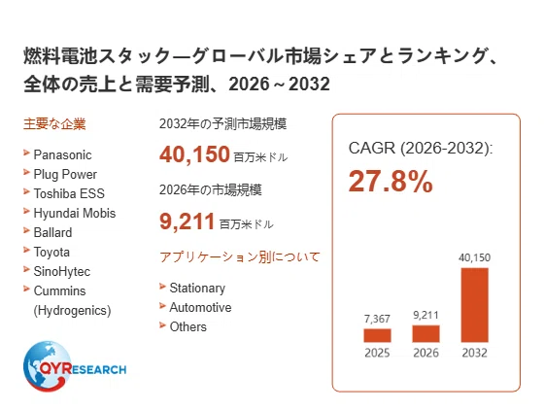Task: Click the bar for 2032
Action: pos(475,305)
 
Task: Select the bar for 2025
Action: pos(378,335)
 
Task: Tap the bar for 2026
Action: pos(426,334)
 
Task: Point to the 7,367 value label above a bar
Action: pos(377,319)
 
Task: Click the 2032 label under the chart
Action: pos(475,353)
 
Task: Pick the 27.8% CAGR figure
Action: pos(391,181)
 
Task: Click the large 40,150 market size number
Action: pos(194,154)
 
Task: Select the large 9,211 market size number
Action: pos(187,222)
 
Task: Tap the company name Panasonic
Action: pos(62,154)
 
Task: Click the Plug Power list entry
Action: pos(65,175)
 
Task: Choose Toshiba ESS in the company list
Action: pos(69,193)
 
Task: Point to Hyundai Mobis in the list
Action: pos(75,213)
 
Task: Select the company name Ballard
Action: pos(52,232)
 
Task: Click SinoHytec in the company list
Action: pos(62,272)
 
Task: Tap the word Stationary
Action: pos(197,289)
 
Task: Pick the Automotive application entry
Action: pos(200,307)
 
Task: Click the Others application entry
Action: pos(188,326)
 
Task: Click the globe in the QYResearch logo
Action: pos(47,366)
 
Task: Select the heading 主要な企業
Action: pos(54,123)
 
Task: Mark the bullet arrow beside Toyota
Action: pos(26,250)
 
